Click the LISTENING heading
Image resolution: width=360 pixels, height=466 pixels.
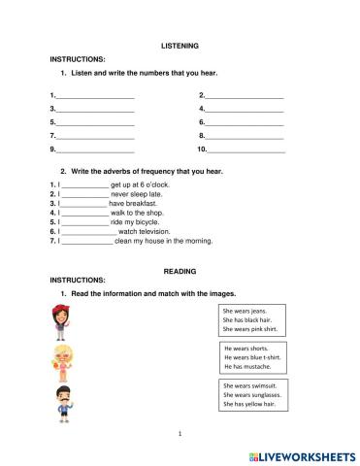click(179, 45)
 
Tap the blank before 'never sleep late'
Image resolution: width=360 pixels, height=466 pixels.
click(84, 194)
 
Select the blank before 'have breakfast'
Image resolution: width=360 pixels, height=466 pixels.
click(83, 204)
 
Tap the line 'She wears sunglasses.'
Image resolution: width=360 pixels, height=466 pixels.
click(251, 395)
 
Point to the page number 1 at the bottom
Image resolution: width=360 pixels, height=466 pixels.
click(180, 433)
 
